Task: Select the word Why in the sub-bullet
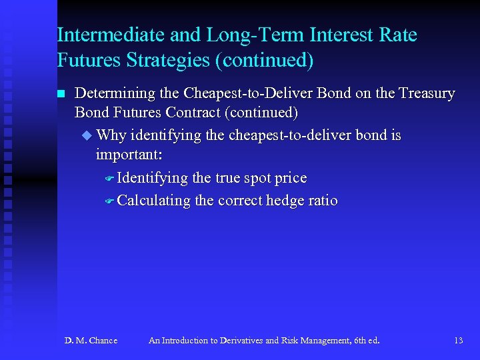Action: coord(111,135)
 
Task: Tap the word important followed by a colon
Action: coord(128,155)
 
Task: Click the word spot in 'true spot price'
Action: coord(245,178)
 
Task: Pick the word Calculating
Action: coord(154,201)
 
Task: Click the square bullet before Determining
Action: coord(62,94)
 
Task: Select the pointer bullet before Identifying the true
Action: coord(110,179)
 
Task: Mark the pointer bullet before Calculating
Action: coord(110,201)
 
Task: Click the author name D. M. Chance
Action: coord(91,341)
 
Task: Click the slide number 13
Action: coord(458,341)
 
